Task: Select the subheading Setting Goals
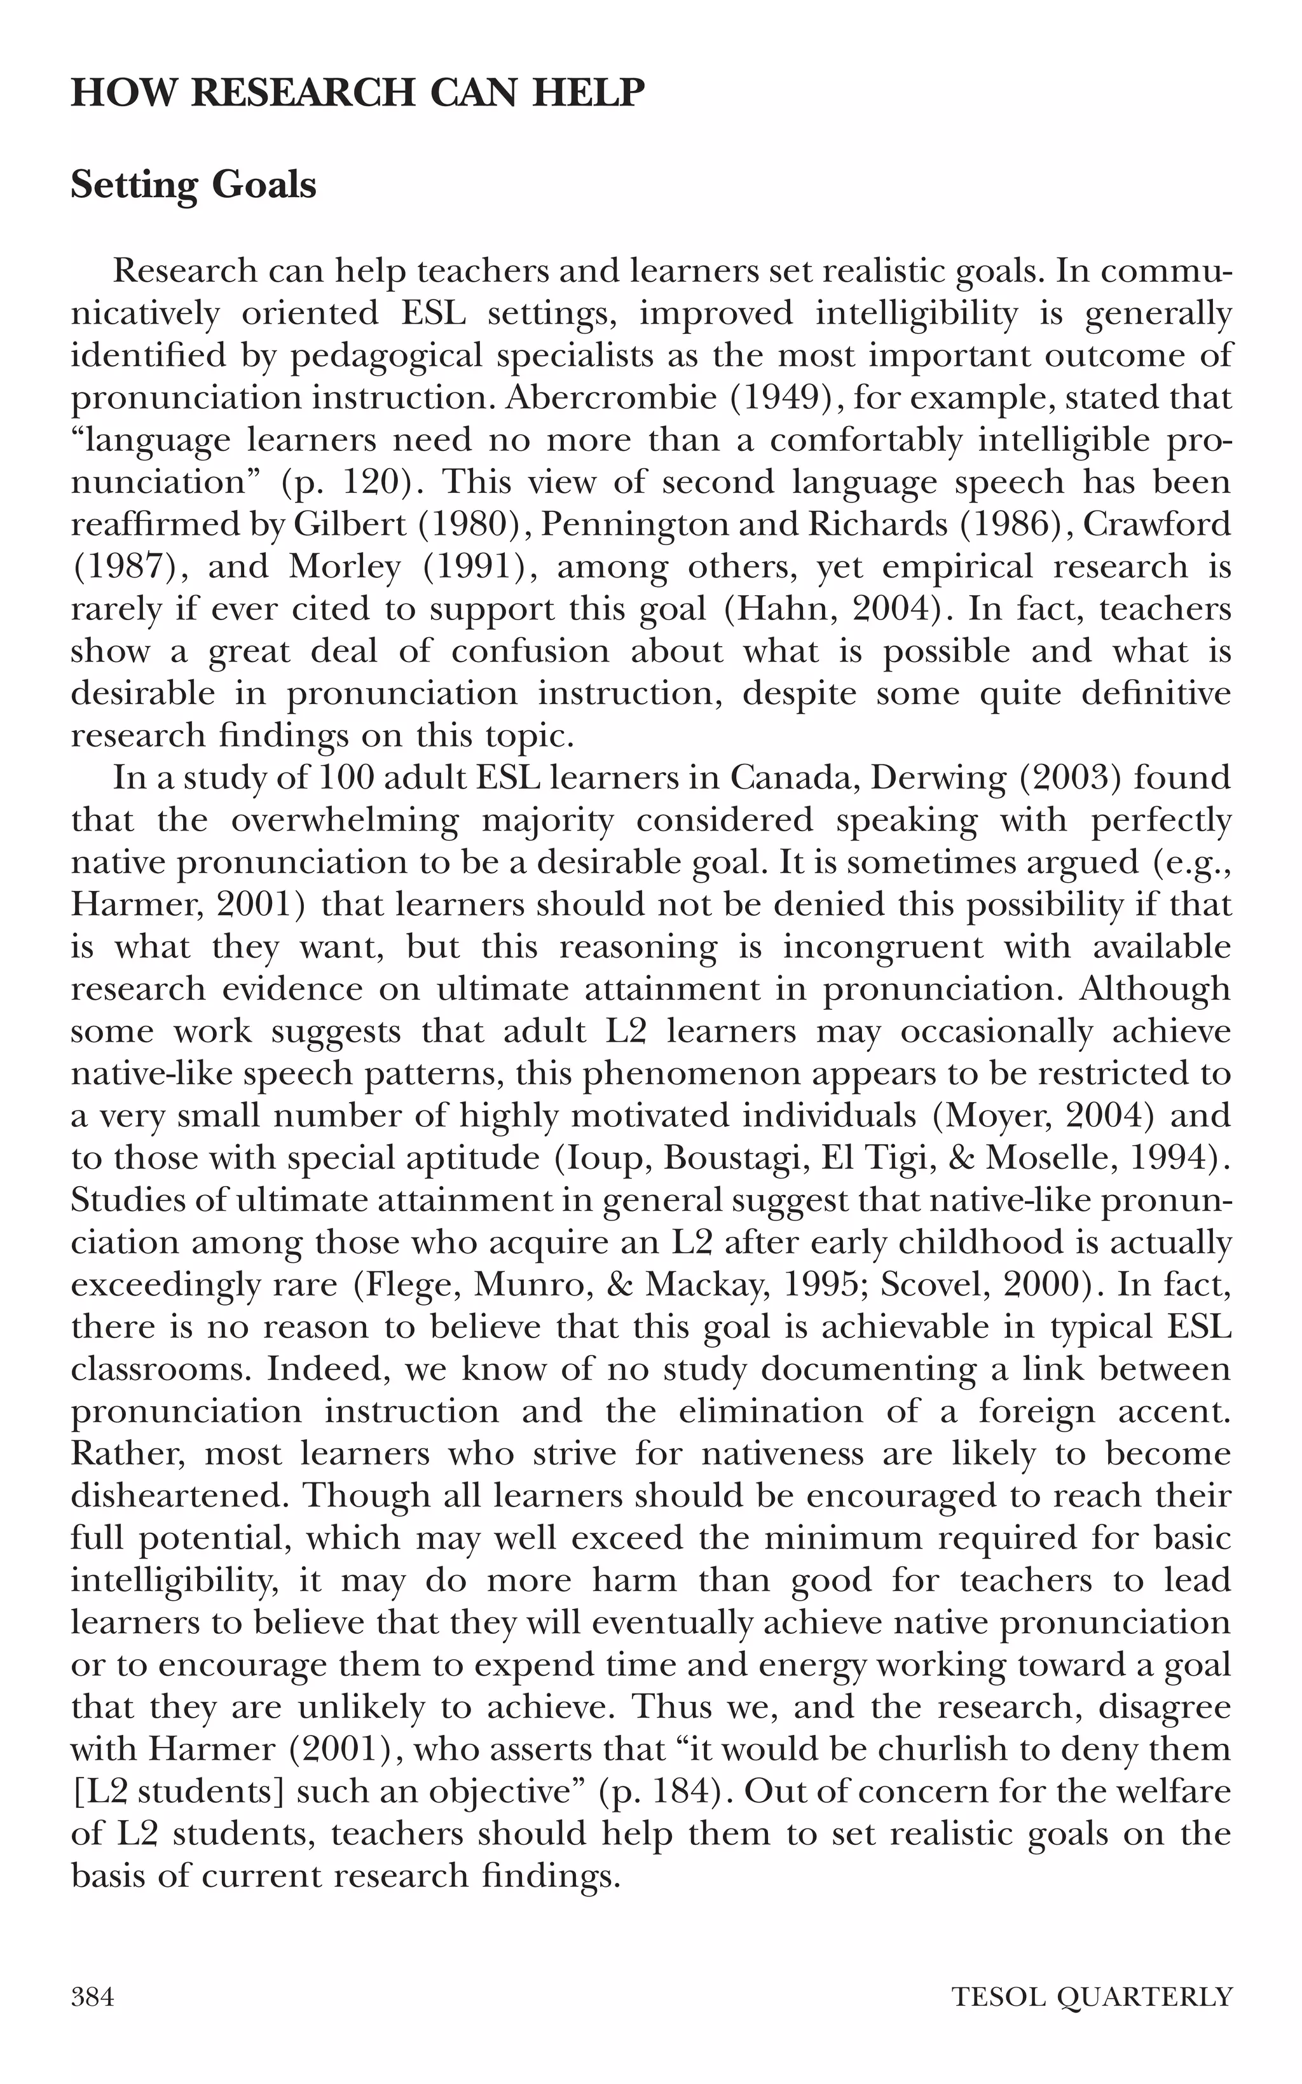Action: click(194, 185)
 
